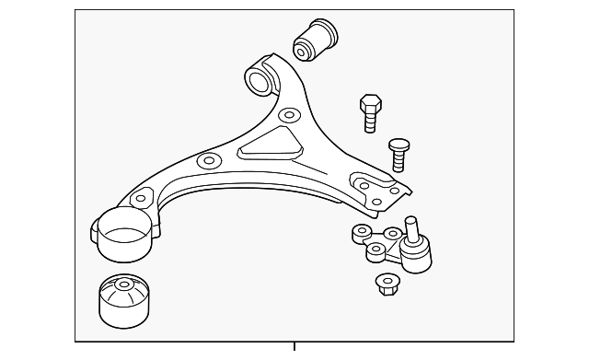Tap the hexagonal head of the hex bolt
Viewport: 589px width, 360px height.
click(368, 102)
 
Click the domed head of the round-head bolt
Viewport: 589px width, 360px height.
click(398, 144)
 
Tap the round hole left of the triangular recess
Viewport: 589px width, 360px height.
click(209, 162)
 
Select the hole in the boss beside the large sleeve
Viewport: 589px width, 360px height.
click(141, 197)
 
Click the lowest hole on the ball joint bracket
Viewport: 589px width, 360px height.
click(375, 250)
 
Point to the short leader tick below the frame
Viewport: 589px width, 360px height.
click(294, 347)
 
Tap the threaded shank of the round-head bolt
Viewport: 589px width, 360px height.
click(399, 161)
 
